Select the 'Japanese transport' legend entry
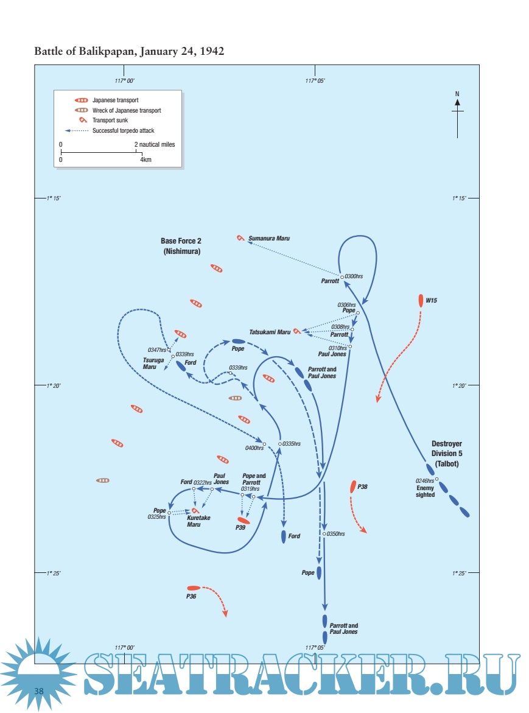[x=119, y=100]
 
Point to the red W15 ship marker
[x=421, y=300]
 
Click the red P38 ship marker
[x=353, y=486]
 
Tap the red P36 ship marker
[x=193, y=588]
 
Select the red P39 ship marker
[x=244, y=521]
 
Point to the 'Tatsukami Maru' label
[x=270, y=332]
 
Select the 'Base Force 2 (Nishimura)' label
[x=181, y=246]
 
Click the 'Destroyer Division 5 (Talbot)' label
[x=446, y=453]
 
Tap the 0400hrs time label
[x=254, y=448]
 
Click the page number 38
[x=39, y=690]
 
